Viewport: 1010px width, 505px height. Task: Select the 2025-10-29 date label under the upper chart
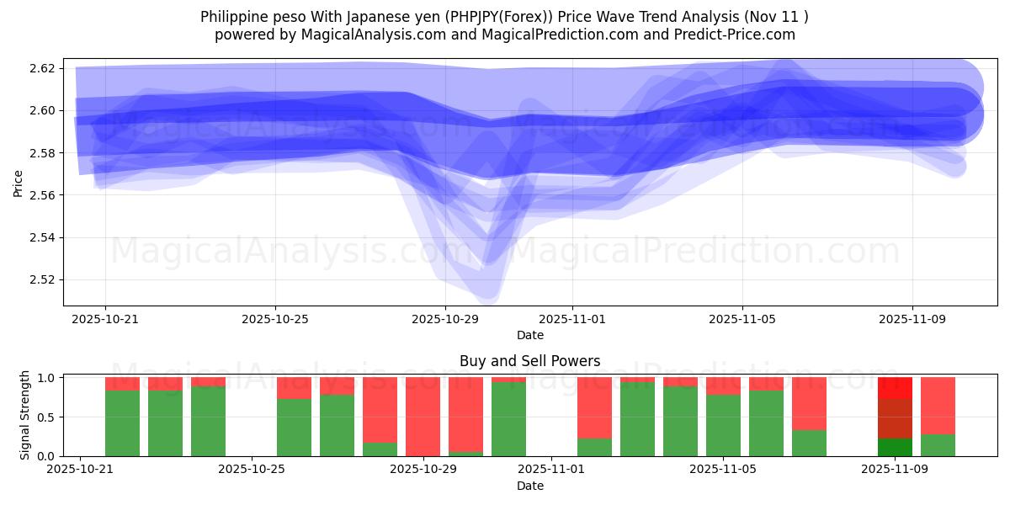[x=445, y=320]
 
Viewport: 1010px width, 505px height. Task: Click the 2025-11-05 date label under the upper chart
[x=742, y=320]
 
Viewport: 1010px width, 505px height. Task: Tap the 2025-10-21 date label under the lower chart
[x=79, y=470]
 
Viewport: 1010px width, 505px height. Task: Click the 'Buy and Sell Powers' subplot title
[x=529, y=361]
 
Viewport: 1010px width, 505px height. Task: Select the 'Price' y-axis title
[x=19, y=183]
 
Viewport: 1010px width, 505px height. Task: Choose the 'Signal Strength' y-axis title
[x=25, y=415]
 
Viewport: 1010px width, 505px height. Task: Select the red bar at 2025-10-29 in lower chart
[x=423, y=416]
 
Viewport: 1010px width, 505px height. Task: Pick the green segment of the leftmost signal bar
[x=122, y=423]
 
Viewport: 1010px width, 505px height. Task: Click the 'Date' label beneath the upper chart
[x=529, y=335]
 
